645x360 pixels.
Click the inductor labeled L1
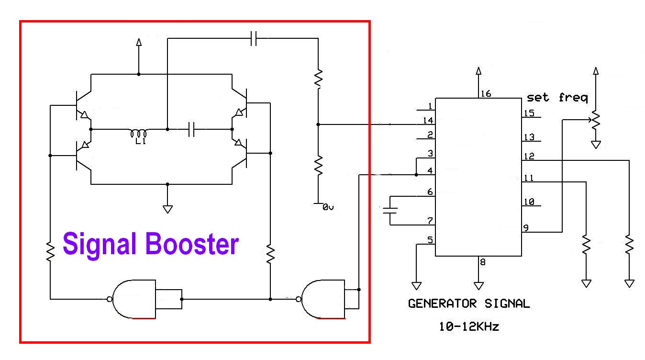click(x=138, y=134)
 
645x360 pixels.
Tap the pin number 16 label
click(x=486, y=94)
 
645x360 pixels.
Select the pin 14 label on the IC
click(x=428, y=120)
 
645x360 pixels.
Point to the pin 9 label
click(x=526, y=228)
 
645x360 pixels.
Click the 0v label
click(x=328, y=207)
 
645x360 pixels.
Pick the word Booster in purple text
click(x=192, y=244)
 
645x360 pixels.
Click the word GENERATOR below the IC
click(x=442, y=304)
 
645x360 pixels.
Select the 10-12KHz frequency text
click(x=469, y=326)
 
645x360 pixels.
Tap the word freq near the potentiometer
click(x=573, y=98)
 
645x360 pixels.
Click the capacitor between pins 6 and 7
click(x=390, y=211)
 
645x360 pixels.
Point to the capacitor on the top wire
click(x=254, y=38)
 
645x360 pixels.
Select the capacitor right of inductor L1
click(x=191, y=129)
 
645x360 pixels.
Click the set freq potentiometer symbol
click(x=596, y=120)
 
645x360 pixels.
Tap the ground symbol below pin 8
click(x=478, y=286)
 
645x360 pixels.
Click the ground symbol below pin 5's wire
click(x=416, y=286)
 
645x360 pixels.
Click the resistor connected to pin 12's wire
click(x=629, y=245)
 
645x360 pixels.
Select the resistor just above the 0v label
click(x=318, y=166)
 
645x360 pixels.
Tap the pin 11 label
click(x=529, y=178)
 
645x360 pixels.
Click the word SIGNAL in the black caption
click(x=507, y=304)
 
